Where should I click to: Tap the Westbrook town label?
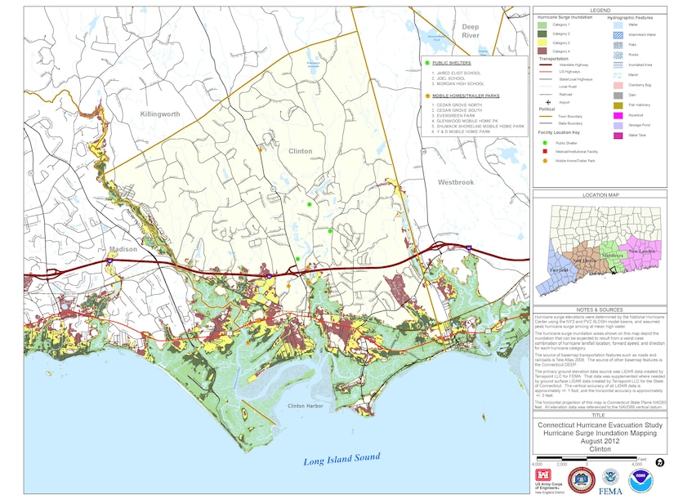(455, 182)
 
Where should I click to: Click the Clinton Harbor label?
(307, 406)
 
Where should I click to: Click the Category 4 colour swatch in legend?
(542, 51)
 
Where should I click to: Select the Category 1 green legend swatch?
(542, 25)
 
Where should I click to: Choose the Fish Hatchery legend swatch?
(618, 106)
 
